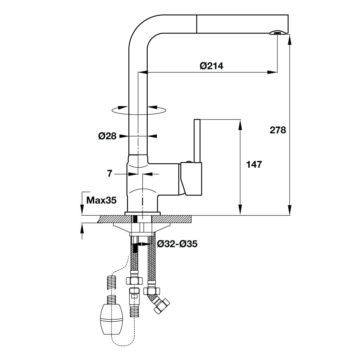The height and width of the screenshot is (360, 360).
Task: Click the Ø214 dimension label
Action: [212, 66]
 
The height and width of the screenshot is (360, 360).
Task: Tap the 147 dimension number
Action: [254, 164]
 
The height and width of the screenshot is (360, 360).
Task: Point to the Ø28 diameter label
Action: [107, 136]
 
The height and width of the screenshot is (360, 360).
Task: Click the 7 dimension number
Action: [110, 174]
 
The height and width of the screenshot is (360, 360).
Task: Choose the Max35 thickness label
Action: [101, 200]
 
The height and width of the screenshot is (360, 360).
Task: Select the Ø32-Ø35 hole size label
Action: [177, 244]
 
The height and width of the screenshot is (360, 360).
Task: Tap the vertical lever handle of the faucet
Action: [197, 141]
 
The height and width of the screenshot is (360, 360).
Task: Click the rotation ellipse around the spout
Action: [138, 110]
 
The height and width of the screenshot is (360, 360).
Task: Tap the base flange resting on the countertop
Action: [142, 213]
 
